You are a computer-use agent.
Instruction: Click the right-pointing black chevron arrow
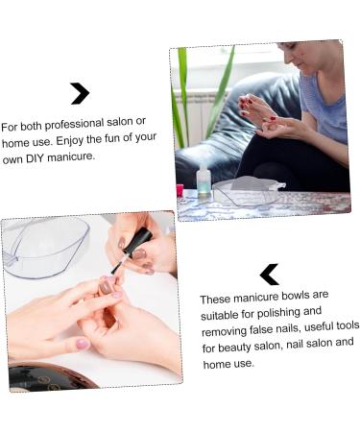pos(80,93)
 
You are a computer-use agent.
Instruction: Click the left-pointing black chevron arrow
pos(270,275)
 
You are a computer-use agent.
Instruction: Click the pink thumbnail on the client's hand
pos(83,343)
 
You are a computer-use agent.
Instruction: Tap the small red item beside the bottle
pos(180,189)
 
